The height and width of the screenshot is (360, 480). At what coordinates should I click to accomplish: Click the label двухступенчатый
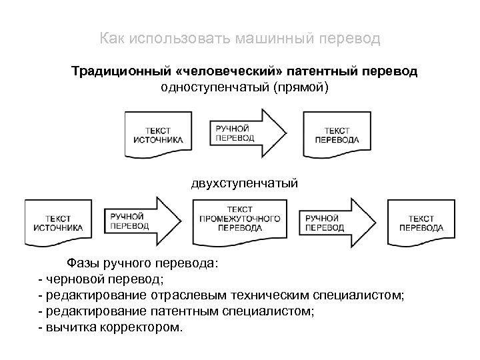[243, 182]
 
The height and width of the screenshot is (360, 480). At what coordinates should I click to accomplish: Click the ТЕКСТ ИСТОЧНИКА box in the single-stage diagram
[157, 135]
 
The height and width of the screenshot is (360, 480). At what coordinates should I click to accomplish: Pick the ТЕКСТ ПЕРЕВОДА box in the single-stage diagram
[336, 135]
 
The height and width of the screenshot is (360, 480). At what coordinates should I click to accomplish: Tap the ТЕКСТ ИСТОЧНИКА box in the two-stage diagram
[58, 223]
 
